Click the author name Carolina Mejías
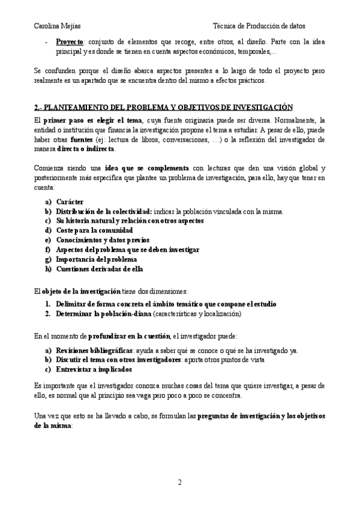tap(59, 26)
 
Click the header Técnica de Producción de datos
tap(259, 26)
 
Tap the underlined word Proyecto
tap(70, 43)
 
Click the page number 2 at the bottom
tap(179, 482)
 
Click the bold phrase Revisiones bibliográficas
tap(94, 351)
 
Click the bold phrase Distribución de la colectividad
tap(104, 211)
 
